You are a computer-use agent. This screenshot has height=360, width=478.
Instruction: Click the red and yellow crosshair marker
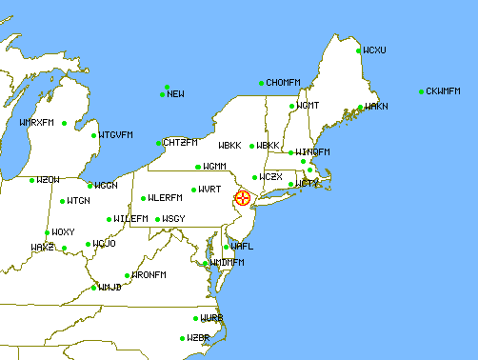click(x=244, y=198)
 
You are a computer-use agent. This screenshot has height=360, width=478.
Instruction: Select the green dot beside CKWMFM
click(x=421, y=91)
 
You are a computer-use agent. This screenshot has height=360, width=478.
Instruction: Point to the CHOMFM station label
click(x=284, y=83)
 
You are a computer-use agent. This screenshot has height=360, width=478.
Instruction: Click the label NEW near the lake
click(x=176, y=94)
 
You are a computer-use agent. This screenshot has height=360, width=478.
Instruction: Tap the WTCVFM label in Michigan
click(x=116, y=134)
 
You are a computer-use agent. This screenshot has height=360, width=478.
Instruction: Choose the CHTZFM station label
click(x=180, y=143)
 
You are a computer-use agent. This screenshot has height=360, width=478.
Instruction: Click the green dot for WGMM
click(x=197, y=167)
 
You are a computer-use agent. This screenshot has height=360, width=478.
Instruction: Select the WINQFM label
click(x=312, y=152)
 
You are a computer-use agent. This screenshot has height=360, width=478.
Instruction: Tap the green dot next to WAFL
click(x=226, y=247)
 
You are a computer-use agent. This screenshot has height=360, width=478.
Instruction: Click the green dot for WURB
click(x=195, y=318)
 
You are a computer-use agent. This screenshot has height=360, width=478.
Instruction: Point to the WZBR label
click(x=198, y=338)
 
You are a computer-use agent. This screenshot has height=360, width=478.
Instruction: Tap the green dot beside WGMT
click(x=292, y=105)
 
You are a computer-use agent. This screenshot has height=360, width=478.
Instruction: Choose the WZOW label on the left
click(x=48, y=180)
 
